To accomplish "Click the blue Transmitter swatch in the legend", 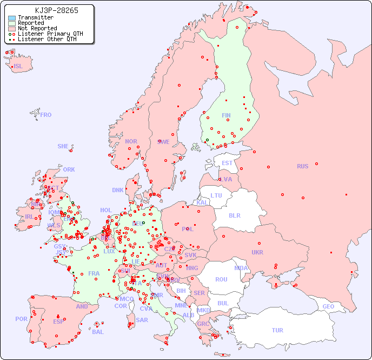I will point(11,18).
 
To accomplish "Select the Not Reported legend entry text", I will point(37,28).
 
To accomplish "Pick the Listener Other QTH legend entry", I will point(50,39).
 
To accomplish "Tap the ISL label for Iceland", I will point(18,67).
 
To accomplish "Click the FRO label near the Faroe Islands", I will point(46,115).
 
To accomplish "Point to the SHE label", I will point(63,146).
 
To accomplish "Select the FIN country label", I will point(226,115).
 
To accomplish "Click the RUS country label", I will point(302,166).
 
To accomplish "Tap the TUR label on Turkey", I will point(277,330).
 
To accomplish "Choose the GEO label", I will point(328,306).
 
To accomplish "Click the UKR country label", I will point(257,252).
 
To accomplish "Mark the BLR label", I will point(234,215).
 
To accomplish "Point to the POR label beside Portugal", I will point(21,319).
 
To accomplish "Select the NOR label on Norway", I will point(131,141).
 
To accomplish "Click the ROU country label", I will point(221,279).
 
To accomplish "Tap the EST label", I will point(227,163).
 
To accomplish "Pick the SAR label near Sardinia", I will point(142,320).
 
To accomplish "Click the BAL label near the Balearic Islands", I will point(97,332).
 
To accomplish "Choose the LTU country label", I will point(216,195).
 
